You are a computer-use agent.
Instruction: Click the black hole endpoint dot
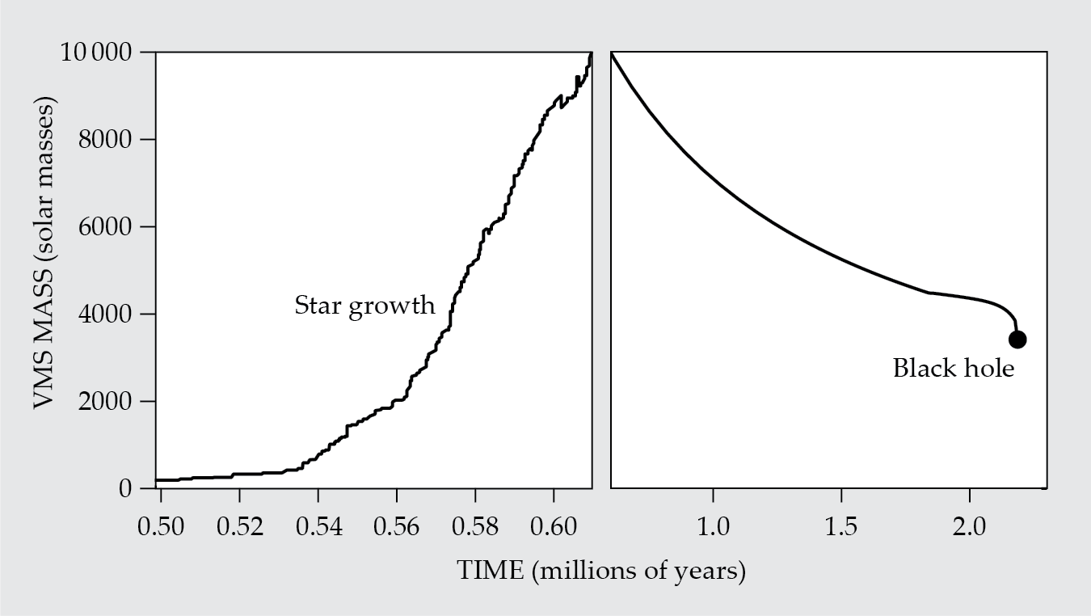[x=1017, y=340]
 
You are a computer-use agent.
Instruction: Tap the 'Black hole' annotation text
[x=953, y=369]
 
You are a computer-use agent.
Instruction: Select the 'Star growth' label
[x=364, y=306]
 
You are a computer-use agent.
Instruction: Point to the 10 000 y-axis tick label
[x=96, y=53]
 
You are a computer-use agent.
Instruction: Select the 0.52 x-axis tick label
[x=240, y=527]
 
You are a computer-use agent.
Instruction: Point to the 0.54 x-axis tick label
[x=318, y=527]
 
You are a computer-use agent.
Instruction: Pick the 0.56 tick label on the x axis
[x=397, y=527]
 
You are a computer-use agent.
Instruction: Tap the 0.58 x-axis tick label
[x=475, y=527]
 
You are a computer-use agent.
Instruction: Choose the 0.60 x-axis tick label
[x=554, y=527]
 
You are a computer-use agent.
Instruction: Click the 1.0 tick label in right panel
[x=713, y=527]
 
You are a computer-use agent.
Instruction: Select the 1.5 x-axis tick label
[x=841, y=527]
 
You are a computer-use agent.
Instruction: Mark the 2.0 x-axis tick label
[x=969, y=527]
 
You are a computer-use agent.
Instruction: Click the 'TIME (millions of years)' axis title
[x=600, y=572]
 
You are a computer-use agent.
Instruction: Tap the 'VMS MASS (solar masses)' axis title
[x=45, y=255]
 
